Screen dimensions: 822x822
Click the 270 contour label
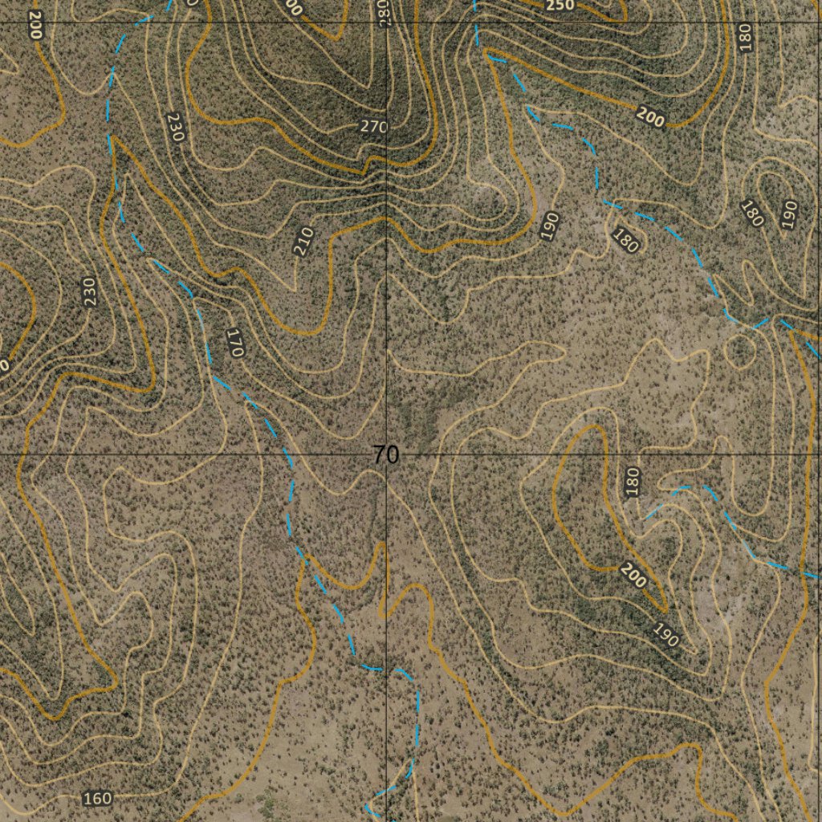(x=374, y=127)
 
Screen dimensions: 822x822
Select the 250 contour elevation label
(x=560, y=6)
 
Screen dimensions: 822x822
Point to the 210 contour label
(x=303, y=242)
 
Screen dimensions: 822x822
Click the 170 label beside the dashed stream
(x=235, y=342)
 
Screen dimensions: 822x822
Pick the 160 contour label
(x=97, y=798)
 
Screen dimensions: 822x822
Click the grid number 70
(x=385, y=455)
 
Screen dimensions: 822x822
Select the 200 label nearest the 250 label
(x=650, y=117)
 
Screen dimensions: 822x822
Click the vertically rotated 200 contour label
(x=35, y=25)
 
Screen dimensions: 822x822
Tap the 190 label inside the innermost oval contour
(x=788, y=214)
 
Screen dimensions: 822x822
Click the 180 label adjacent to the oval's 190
(x=752, y=213)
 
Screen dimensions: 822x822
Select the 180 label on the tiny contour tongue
(x=633, y=481)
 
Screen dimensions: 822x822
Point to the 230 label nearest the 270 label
(x=176, y=127)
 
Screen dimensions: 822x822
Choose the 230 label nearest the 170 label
(x=88, y=291)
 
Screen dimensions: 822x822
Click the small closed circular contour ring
(x=740, y=350)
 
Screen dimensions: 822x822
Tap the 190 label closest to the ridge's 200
(x=665, y=635)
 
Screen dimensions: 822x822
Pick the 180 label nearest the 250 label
(x=745, y=37)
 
